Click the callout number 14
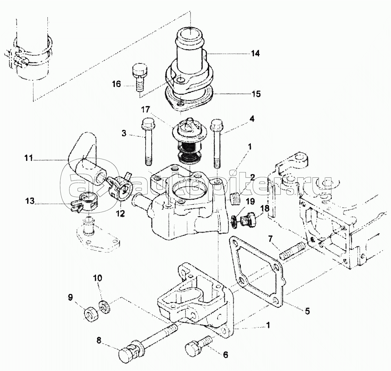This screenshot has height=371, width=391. click(255, 54)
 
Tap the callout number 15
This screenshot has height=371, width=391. click(256, 94)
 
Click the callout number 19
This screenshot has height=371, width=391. click(250, 201)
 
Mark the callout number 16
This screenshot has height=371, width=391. click(116, 84)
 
